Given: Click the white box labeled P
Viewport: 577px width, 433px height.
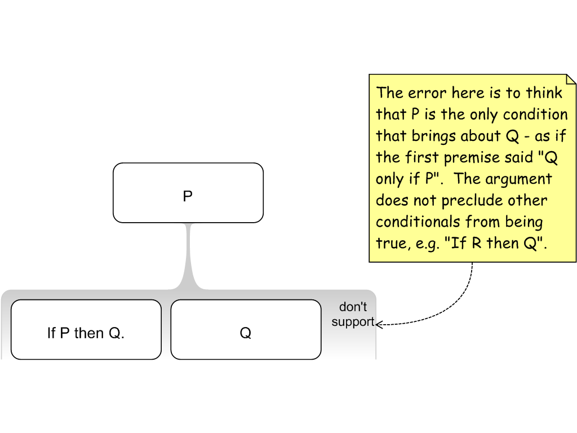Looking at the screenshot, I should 188,193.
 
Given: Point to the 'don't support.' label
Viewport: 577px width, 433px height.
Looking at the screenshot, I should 353,315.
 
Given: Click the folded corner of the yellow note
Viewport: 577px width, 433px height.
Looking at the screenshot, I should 570,79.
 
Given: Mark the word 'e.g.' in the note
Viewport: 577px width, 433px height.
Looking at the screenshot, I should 423,244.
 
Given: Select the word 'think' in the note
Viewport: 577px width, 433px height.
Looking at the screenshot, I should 544,92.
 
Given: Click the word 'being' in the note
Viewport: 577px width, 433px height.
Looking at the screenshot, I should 522,222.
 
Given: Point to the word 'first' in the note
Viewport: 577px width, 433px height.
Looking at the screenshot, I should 422,157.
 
